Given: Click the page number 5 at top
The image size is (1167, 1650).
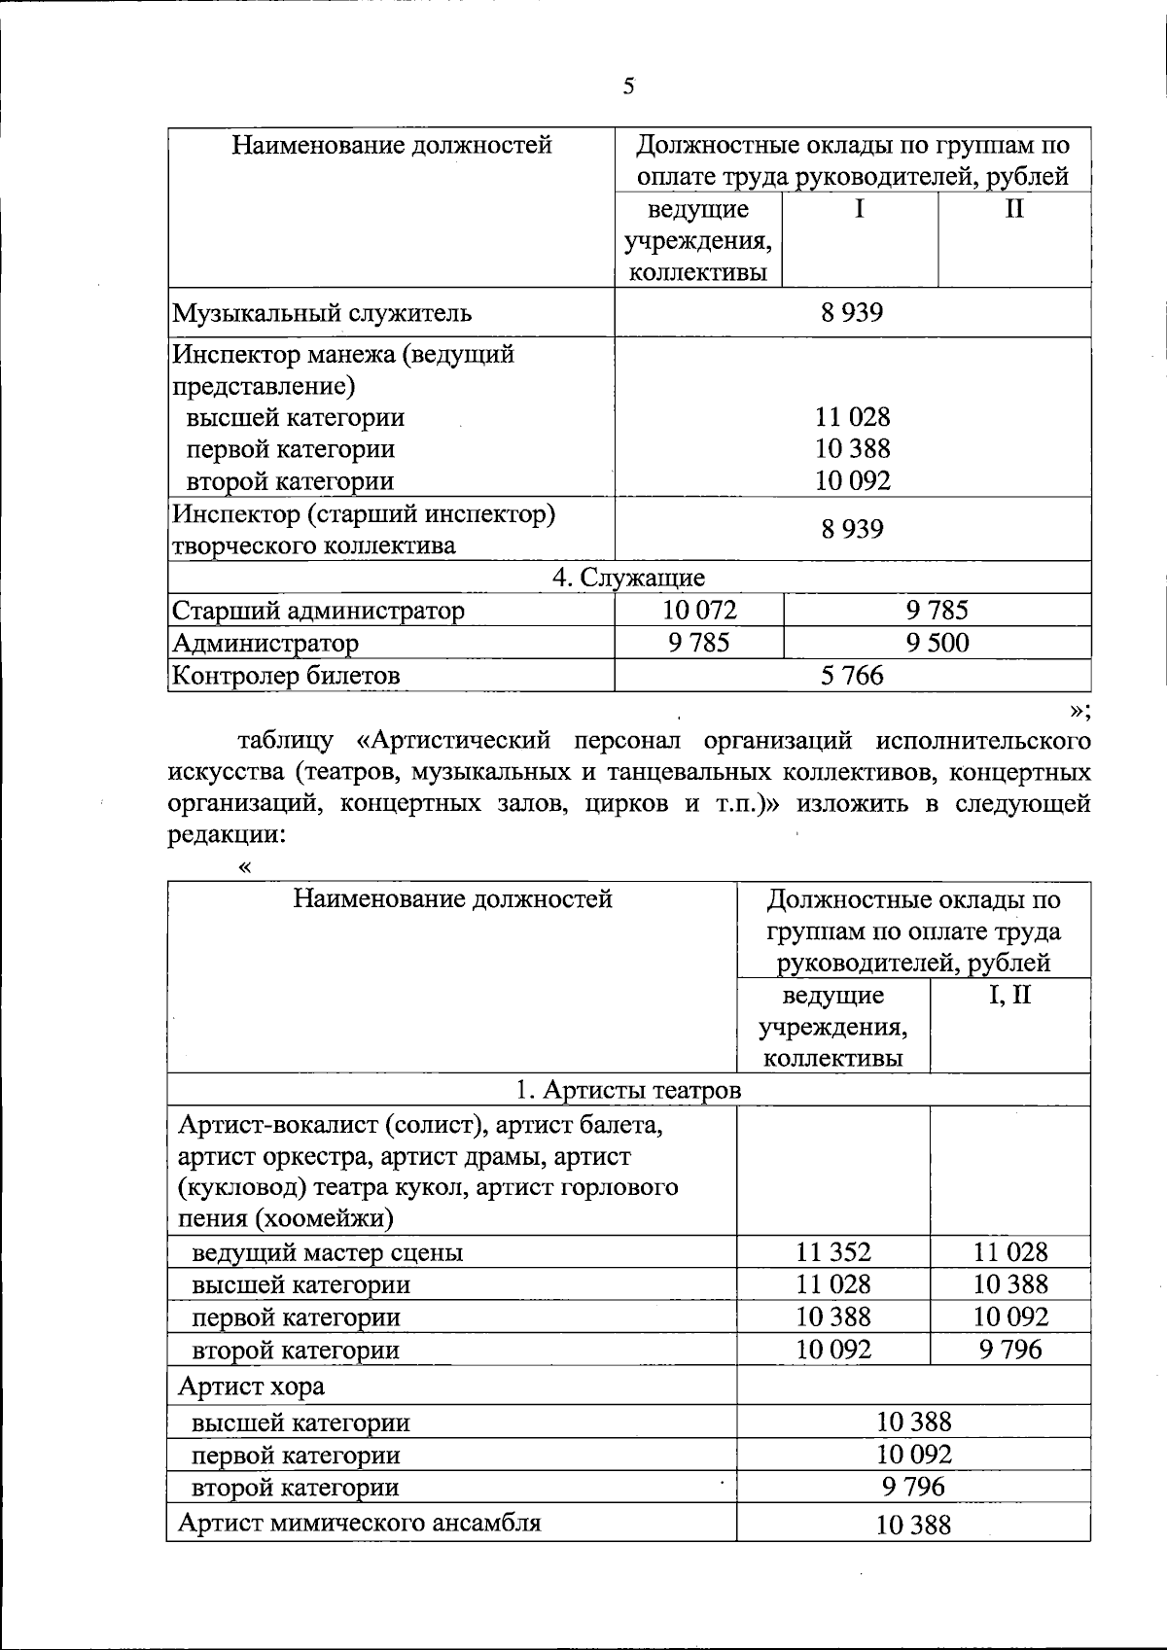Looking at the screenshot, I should (628, 87).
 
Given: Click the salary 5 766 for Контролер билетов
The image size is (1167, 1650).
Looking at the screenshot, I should (852, 675).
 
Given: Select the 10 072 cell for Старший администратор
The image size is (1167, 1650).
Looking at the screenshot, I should (699, 611).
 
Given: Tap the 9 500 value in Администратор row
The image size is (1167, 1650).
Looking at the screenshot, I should (937, 643).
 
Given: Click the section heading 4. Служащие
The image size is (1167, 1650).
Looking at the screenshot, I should (628, 578).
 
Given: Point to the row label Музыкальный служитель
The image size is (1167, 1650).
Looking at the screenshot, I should (322, 313).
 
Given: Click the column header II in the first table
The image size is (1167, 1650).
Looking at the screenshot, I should (1013, 209).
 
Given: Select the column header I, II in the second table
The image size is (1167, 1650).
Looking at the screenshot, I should (1010, 996).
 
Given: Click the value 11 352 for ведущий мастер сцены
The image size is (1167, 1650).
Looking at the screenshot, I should (833, 1252).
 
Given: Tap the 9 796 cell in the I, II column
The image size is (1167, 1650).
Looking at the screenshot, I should (1010, 1350).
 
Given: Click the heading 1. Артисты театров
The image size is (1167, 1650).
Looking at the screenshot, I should (628, 1091).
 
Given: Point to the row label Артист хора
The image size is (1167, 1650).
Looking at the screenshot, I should (251, 1386).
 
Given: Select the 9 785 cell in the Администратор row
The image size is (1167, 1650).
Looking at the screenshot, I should (699, 643).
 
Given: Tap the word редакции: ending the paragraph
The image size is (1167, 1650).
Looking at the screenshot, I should (227, 835).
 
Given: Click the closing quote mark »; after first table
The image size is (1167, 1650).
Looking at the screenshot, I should (1079, 710).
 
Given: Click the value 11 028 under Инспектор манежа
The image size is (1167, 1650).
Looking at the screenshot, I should (852, 417).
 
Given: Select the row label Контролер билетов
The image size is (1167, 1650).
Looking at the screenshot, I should (286, 675).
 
